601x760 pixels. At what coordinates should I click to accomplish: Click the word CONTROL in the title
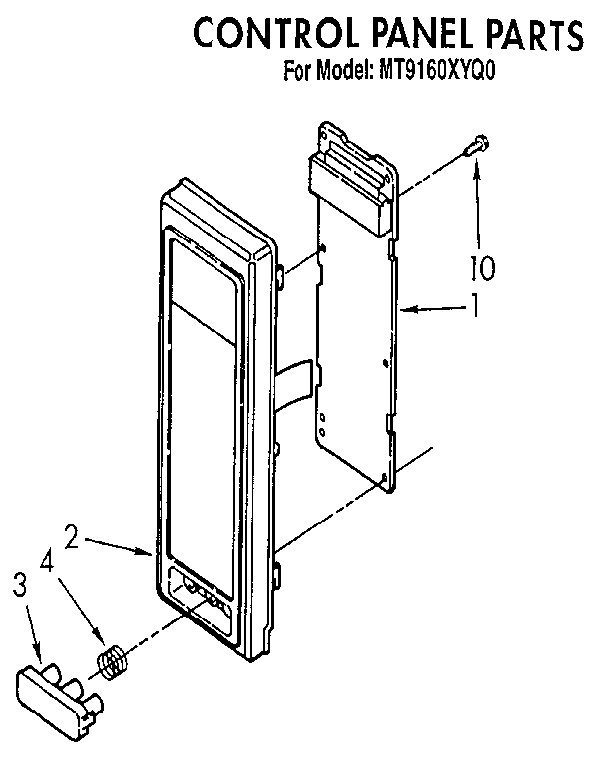point(276,33)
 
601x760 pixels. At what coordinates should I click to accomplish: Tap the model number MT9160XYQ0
point(437,71)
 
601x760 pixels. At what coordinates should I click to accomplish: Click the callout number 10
point(483,268)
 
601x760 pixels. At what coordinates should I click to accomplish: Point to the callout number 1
point(476,305)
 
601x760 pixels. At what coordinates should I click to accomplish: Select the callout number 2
point(72,537)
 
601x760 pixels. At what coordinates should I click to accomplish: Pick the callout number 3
point(19,586)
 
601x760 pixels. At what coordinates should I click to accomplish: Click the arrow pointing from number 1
point(433,308)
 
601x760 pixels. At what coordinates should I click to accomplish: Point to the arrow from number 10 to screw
point(478,206)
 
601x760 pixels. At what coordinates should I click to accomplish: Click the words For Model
point(326,71)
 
